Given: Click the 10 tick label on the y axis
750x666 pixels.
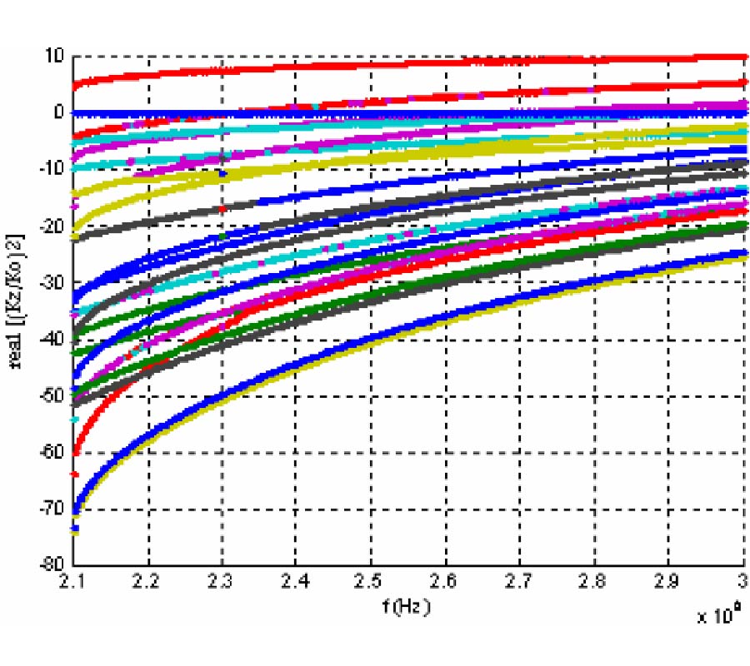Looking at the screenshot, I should (x=55, y=57).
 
